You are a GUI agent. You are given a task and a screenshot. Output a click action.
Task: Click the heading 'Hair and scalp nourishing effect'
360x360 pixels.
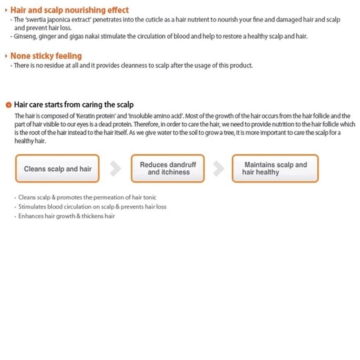click(70, 10)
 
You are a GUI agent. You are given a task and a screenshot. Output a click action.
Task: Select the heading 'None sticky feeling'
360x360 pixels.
click(46, 56)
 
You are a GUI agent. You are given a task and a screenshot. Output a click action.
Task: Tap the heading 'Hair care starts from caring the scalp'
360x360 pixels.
click(74, 105)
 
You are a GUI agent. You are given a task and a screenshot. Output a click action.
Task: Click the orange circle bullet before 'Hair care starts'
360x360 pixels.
click(9, 105)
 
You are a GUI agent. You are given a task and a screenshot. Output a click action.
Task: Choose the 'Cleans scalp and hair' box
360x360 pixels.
click(57, 169)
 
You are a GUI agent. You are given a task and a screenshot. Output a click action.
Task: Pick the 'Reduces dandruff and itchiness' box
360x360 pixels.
click(168, 169)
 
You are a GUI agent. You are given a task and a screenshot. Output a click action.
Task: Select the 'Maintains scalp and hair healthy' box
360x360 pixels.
click(275, 169)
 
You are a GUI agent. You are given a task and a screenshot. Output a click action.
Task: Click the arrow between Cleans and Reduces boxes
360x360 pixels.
click(115, 169)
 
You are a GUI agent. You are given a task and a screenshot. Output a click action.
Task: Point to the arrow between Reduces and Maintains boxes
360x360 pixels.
click(218, 169)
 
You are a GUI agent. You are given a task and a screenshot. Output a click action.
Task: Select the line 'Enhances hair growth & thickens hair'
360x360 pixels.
click(66, 216)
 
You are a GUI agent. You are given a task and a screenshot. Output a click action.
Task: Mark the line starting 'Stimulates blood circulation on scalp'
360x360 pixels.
click(92, 207)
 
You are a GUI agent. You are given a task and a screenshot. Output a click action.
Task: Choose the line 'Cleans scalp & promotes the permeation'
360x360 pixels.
click(87, 198)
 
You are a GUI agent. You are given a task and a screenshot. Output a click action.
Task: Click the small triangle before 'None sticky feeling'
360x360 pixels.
click(6, 56)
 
